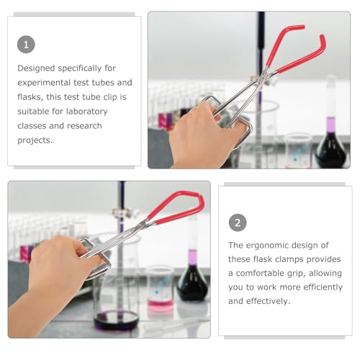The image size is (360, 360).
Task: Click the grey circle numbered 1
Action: (26, 45)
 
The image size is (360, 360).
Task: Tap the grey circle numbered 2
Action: (238, 222)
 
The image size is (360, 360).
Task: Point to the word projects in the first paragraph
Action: (35, 140)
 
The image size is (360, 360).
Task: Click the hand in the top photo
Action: (203, 135)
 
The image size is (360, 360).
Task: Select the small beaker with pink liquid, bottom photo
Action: (160, 289)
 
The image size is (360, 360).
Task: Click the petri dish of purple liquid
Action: (116, 320)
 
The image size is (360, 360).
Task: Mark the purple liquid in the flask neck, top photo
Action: (331, 125)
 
